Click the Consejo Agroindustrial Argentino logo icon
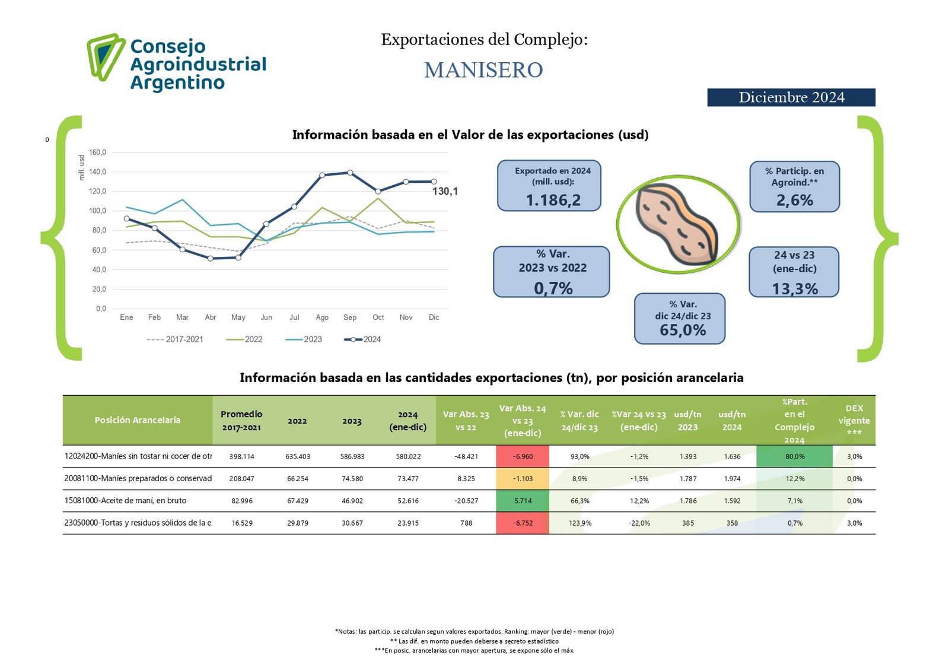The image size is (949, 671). point(106,57)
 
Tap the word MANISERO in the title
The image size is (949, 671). point(483,70)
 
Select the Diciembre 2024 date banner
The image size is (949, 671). point(791,97)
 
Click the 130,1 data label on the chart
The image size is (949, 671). point(445,191)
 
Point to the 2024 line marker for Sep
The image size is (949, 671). point(350,173)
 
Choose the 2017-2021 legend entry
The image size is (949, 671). point(176,339)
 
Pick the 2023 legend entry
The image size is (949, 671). point(304,339)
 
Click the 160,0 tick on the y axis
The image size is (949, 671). point(97,152)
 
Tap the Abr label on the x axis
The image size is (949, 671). point(210,317)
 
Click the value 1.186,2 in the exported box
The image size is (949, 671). point(553,201)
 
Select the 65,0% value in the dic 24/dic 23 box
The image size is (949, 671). point(683,330)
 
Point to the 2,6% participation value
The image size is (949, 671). point(794,201)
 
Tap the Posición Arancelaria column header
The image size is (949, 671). point(137,420)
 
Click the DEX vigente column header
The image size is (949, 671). point(854,420)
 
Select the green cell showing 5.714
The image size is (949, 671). point(523,501)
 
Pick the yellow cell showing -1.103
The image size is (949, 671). point(523,479)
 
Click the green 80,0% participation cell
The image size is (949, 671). point(795,457)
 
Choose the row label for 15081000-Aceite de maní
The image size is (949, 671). point(125,501)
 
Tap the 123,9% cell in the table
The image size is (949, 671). point(579,523)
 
